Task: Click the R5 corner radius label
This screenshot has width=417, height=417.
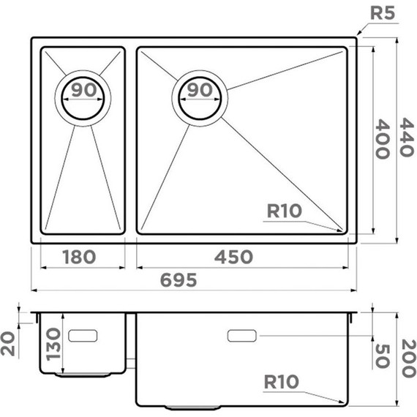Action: (384, 12)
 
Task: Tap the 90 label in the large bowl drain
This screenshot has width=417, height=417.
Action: (198, 91)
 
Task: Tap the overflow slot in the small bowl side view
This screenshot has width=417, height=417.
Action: (84, 334)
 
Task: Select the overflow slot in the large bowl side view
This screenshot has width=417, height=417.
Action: (242, 336)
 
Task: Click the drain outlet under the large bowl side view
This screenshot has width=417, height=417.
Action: (192, 406)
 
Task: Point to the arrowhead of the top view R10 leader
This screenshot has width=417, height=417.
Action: (343, 231)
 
